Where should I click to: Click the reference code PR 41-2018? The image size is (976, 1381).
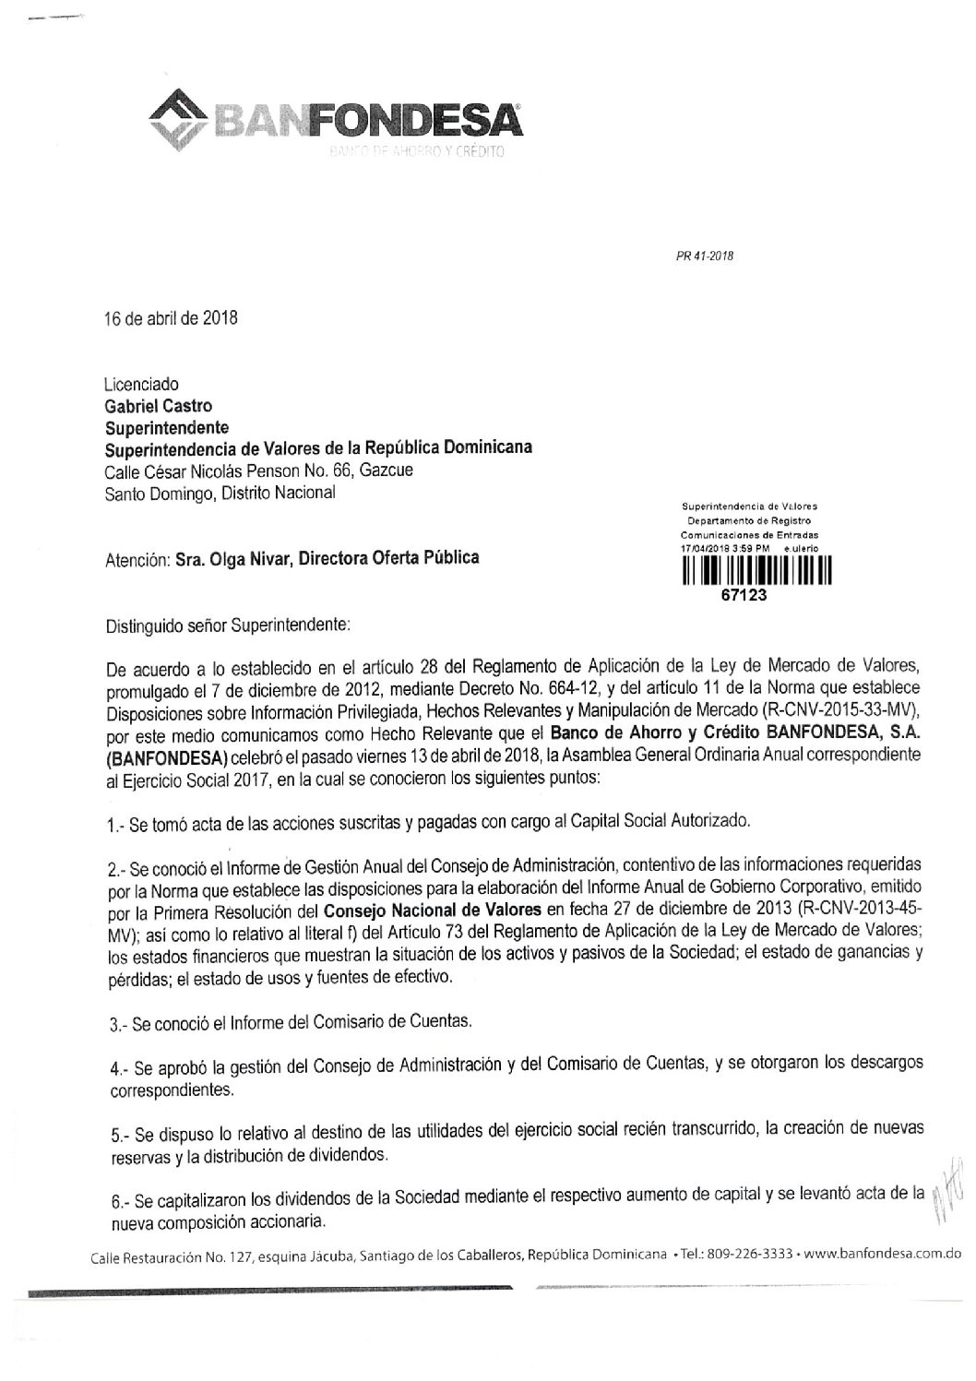[707, 256]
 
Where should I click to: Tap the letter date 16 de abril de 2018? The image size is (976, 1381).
[172, 320]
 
